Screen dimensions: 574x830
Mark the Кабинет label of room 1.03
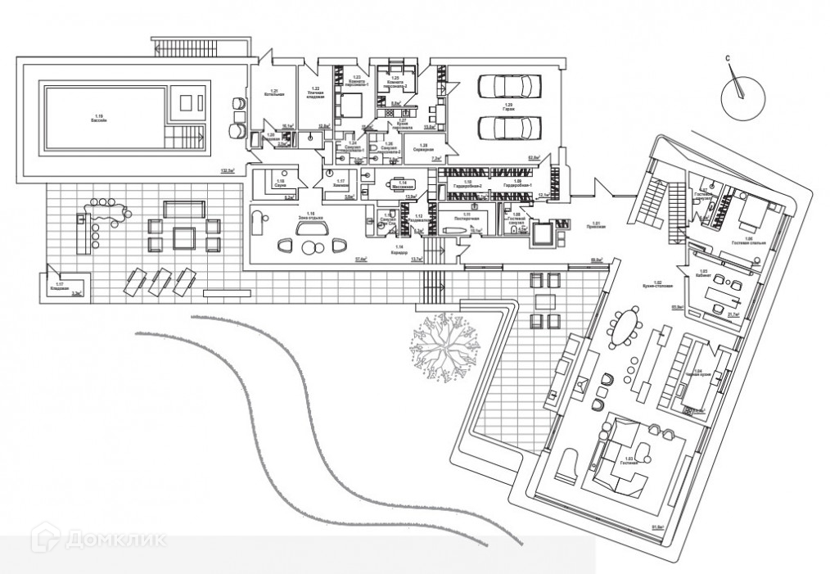(x=702, y=275)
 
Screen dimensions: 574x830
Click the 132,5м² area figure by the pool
(x=227, y=171)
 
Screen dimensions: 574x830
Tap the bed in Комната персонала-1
(x=346, y=104)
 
